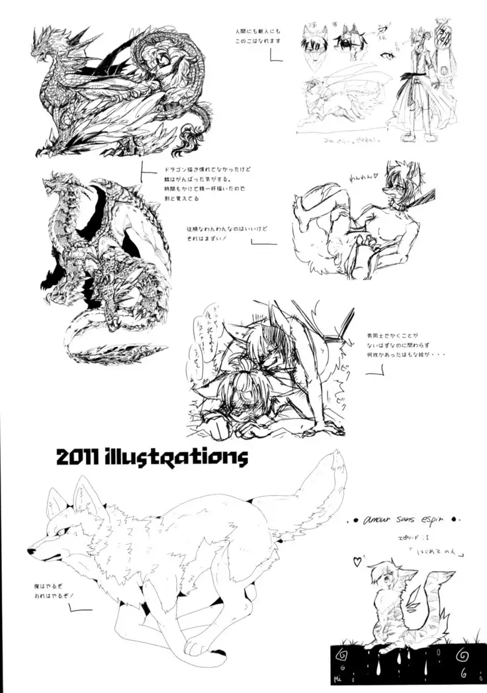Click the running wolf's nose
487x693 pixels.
point(30,550)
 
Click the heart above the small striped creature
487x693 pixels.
point(357,561)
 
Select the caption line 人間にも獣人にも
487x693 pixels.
point(258,30)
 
